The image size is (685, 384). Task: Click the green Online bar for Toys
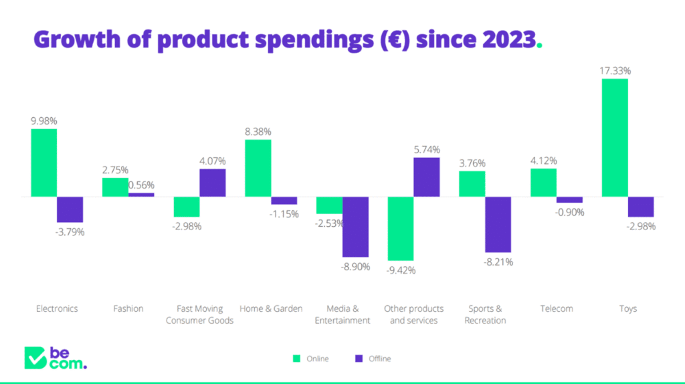point(615,138)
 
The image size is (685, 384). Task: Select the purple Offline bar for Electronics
point(70,209)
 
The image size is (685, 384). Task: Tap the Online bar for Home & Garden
point(258,168)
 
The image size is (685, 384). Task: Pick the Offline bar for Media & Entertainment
point(355,227)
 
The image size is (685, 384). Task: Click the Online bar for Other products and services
point(401,228)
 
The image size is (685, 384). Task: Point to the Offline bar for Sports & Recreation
point(498,224)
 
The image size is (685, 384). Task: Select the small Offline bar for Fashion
point(141,195)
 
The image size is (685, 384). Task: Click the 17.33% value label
point(615,70)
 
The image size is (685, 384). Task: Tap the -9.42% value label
point(401,270)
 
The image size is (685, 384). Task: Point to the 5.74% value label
point(427,149)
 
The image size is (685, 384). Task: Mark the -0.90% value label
point(570,212)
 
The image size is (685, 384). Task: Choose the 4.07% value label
point(213,161)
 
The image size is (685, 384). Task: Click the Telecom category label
point(557,308)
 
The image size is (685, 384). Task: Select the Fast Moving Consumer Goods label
point(200,314)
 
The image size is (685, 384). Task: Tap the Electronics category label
point(57,308)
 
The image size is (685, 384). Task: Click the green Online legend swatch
point(296,359)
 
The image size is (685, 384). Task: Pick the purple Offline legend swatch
point(359,359)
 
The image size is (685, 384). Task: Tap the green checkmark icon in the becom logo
point(34,358)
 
